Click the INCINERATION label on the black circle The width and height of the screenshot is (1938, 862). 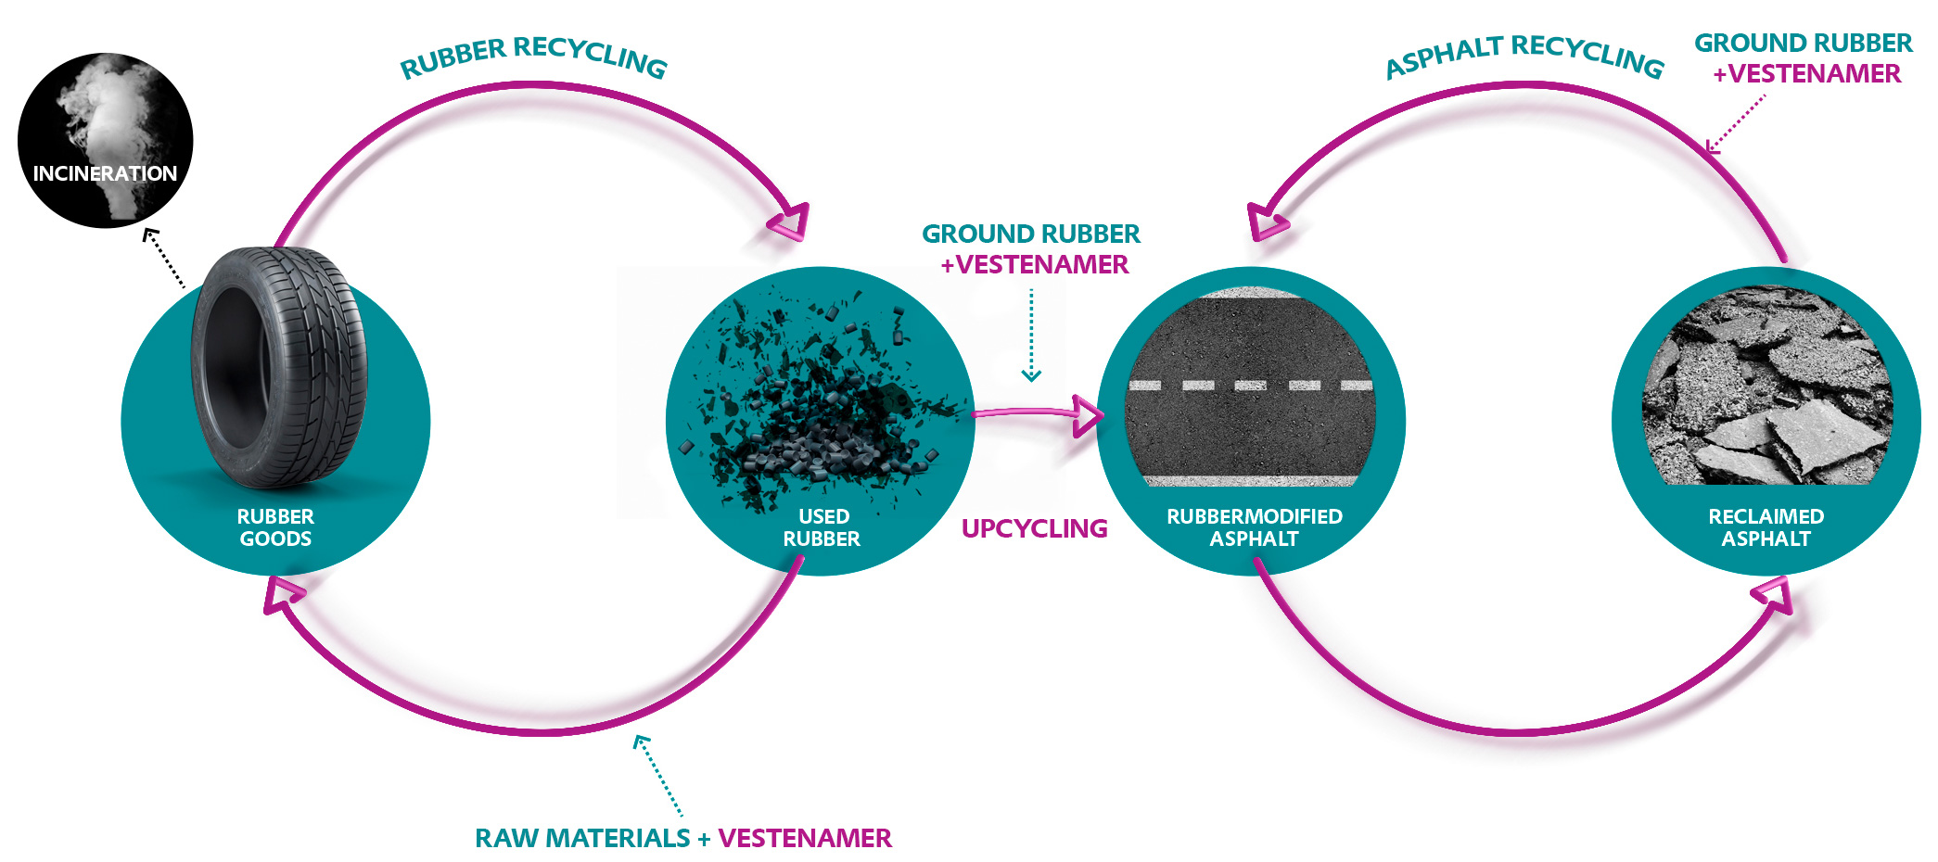coord(105,173)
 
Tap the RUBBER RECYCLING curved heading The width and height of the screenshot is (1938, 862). coord(533,56)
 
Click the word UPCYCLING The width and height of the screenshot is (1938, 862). coord(1034,528)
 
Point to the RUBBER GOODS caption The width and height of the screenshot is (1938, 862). coord(275,527)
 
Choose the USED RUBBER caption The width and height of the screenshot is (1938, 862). coord(822,527)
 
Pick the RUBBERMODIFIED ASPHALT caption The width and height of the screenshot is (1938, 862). coord(1254,527)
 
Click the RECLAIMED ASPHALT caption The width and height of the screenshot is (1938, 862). coord(1766,527)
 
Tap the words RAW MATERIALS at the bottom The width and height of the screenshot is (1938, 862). coord(582,838)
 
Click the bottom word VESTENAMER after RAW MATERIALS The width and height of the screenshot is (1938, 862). coord(804,838)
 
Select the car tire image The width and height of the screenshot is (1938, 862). coord(278,366)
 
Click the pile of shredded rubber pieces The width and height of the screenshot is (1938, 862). coord(816,408)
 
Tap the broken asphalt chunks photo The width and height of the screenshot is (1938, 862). coord(1766,389)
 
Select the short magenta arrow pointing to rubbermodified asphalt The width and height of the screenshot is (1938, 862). coord(1039,413)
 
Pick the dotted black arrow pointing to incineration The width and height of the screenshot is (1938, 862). coord(164,259)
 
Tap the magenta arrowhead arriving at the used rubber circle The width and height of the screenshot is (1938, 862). coord(790,222)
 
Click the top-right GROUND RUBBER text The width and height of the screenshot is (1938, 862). coord(1803,43)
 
